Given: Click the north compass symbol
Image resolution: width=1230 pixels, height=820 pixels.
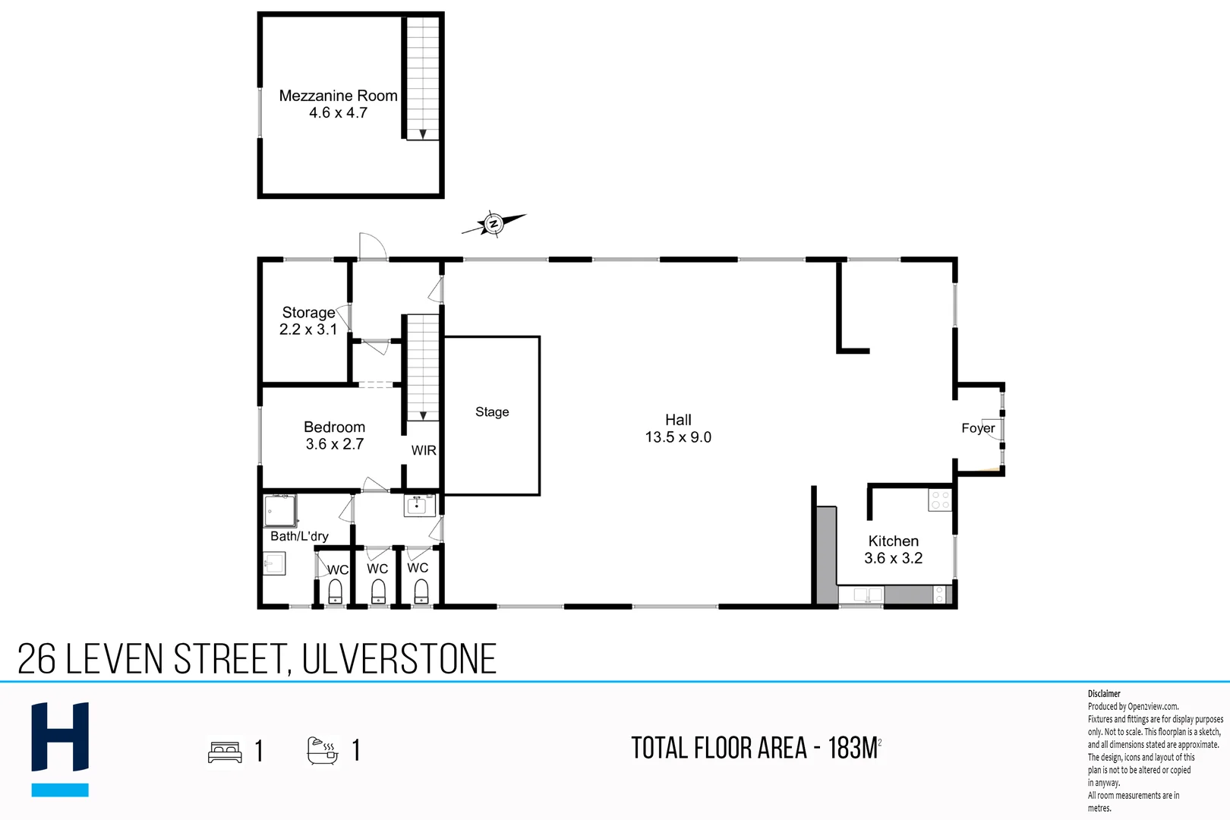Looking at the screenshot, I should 493,223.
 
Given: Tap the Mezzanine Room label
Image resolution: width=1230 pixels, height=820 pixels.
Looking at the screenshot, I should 338,96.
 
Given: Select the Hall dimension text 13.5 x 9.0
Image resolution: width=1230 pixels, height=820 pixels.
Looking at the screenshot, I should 678,437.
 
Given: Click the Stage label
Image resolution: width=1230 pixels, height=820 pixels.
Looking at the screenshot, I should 492,412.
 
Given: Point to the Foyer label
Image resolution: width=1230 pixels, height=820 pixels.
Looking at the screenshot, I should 977,428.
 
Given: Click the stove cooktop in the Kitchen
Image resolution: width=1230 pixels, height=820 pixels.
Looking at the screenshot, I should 940,500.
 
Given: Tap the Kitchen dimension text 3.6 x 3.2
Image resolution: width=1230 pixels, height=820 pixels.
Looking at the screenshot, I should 893,558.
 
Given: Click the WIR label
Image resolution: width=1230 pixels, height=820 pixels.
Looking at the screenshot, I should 424,450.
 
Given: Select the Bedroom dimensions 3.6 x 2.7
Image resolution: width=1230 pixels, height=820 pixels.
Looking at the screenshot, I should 334,444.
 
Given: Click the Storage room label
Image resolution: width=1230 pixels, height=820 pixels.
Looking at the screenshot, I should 308,312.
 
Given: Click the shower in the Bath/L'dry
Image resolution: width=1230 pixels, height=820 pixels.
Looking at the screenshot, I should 280,511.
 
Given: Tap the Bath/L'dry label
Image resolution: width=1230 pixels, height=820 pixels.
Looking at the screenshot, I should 299,536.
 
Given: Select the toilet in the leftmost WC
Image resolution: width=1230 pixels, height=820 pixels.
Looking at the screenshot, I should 335,591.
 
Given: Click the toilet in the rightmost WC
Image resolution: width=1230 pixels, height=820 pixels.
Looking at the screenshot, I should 421,591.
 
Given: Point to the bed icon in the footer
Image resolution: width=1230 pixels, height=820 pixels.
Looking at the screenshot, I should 225,752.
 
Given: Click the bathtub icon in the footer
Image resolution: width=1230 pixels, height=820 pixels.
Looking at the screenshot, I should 322,750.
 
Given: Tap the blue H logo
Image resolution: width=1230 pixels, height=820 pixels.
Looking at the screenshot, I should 60,748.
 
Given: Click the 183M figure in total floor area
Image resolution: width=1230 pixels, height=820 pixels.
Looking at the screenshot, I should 853,749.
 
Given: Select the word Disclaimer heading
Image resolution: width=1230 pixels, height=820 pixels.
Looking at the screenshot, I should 1103,693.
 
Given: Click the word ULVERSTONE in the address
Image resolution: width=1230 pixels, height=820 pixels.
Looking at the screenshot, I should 399,659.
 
